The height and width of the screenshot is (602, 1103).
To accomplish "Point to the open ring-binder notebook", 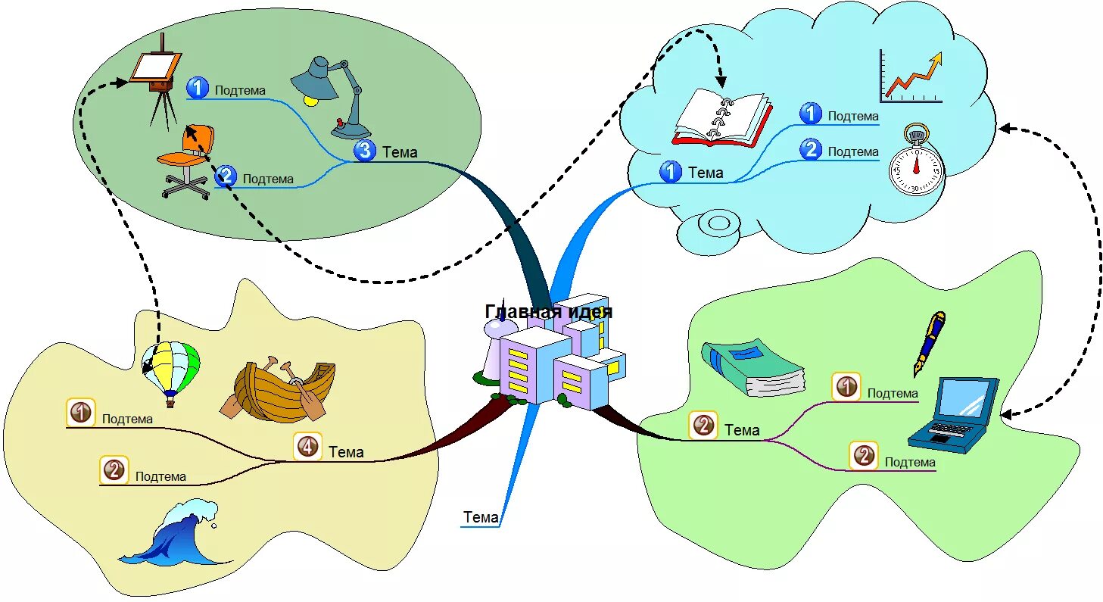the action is pos(722,118).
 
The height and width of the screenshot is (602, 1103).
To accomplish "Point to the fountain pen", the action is pos(930,343).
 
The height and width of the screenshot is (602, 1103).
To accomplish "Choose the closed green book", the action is pos(753,367).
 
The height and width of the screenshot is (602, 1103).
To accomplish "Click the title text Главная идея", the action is pos(549,311).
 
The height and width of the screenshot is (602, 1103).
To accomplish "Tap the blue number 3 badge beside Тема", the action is pos(365,150).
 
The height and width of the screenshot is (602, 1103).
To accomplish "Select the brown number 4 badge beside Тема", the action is pos(308,447).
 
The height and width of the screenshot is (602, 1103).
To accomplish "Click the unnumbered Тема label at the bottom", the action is pos(481,517).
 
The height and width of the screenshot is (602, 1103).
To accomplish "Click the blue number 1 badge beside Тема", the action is pos(670,171).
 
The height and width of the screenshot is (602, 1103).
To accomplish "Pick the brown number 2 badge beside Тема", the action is pos(703,425).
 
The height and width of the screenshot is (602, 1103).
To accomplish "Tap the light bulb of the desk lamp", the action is pos(311,100).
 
